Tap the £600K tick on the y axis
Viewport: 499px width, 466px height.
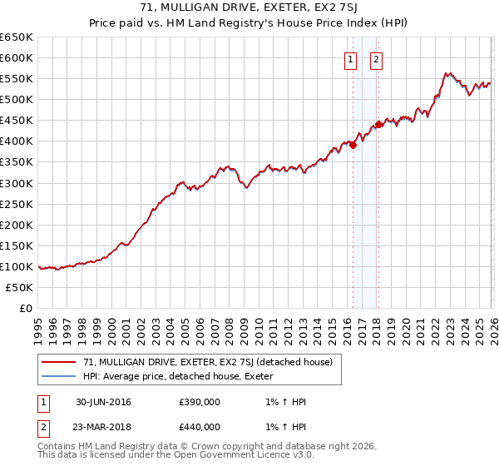point(17,58)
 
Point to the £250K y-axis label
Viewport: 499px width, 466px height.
point(17,204)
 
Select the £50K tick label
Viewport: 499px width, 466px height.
point(20,287)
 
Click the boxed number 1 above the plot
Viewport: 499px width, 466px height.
point(350,59)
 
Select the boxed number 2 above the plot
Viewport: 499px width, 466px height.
point(377,59)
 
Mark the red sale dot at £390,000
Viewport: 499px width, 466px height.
point(353,144)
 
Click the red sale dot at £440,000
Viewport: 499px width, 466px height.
point(378,124)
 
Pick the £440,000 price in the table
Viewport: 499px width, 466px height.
point(200,427)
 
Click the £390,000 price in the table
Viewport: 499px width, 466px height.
point(200,402)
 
